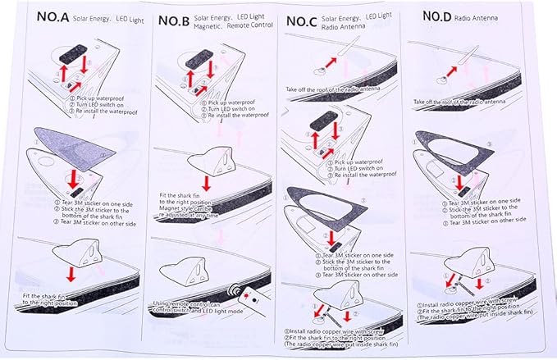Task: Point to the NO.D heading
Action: (441, 16)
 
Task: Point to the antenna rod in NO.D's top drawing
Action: (473, 60)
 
